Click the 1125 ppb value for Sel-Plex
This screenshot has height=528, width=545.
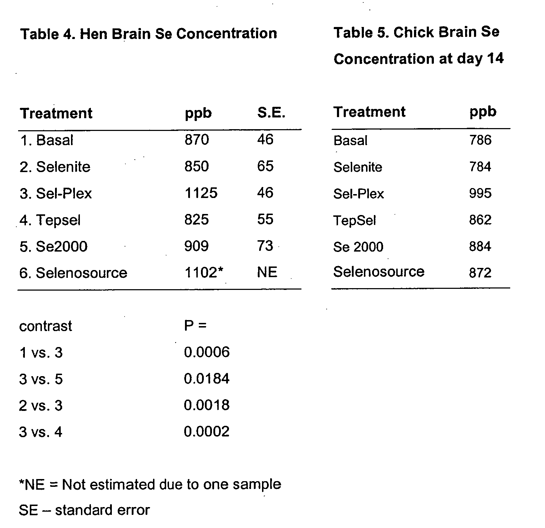click(x=201, y=193)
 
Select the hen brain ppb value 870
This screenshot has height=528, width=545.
click(x=197, y=140)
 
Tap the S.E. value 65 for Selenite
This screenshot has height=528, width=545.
click(x=265, y=166)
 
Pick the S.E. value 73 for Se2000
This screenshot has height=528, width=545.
click(x=265, y=246)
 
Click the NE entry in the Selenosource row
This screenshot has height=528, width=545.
click(x=267, y=272)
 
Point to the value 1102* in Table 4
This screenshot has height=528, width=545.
click(x=204, y=273)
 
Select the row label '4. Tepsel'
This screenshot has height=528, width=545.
click(x=50, y=220)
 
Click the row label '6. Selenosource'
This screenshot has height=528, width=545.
click(x=73, y=273)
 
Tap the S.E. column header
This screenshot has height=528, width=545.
click(x=271, y=113)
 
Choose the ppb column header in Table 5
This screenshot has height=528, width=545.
click(x=483, y=112)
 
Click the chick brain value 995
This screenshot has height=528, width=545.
click(x=480, y=193)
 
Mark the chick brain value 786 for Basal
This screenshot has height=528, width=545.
click(x=480, y=140)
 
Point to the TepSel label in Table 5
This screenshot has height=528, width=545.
click(x=354, y=220)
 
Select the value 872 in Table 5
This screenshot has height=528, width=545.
click(x=480, y=273)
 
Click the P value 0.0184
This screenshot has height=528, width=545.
click(x=207, y=379)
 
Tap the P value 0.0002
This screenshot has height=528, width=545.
click(x=207, y=431)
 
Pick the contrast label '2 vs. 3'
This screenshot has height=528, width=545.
click(x=41, y=405)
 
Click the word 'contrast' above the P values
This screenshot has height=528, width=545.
click(x=45, y=326)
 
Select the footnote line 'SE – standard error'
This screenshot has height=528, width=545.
click(x=85, y=510)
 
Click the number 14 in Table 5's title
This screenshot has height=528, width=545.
click(x=495, y=58)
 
